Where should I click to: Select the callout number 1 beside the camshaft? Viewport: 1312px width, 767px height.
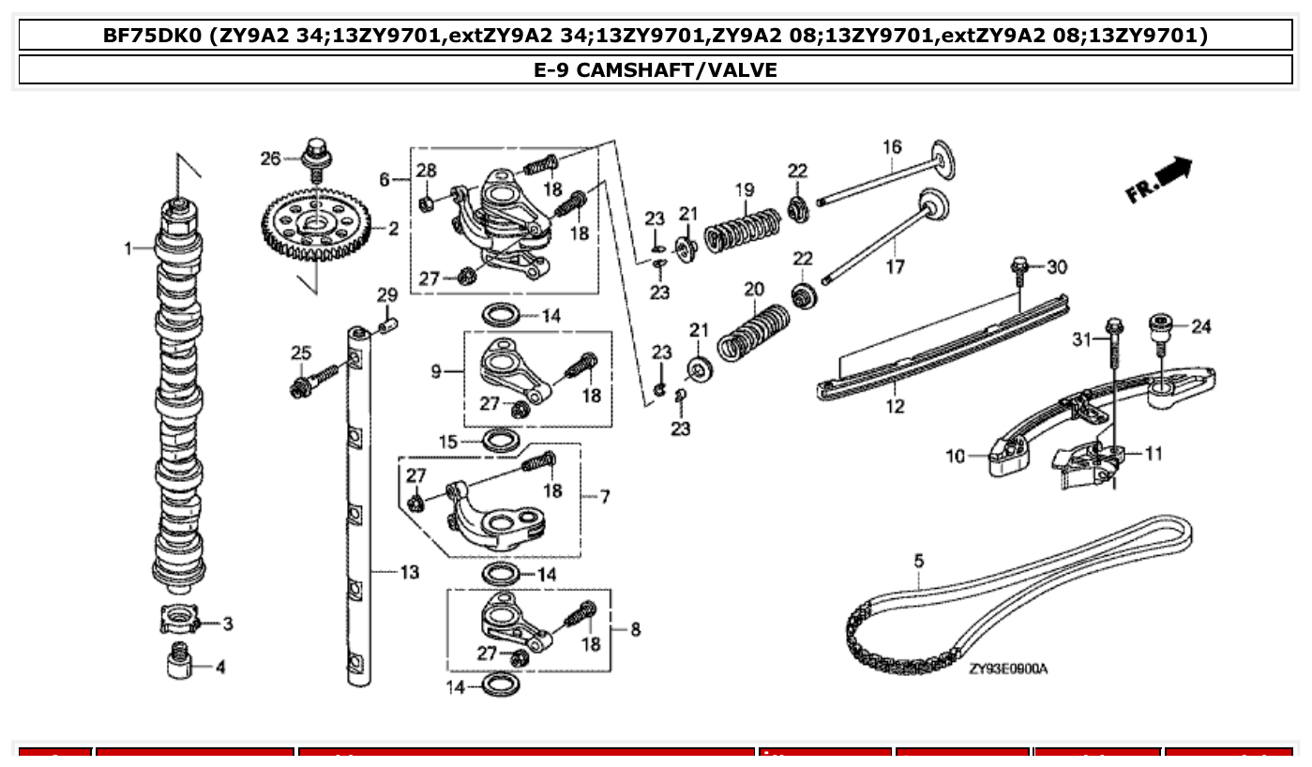click(129, 248)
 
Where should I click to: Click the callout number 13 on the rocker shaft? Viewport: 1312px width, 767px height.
click(409, 572)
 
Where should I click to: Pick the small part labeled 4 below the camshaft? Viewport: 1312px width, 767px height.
click(175, 665)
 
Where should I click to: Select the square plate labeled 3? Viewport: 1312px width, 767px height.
click(176, 621)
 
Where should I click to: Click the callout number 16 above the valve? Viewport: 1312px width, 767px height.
click(891, 147)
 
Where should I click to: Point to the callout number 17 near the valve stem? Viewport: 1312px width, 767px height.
click(896, 267)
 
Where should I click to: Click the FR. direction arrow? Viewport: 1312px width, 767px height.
click(1163, 178)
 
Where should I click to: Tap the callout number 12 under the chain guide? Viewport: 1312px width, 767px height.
click(896, 406)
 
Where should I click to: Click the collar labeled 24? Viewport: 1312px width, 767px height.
click(1163, 328)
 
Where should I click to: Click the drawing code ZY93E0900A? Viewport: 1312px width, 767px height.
click(1008, 669)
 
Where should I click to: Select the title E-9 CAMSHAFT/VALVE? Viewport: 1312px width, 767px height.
click(656, 70)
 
